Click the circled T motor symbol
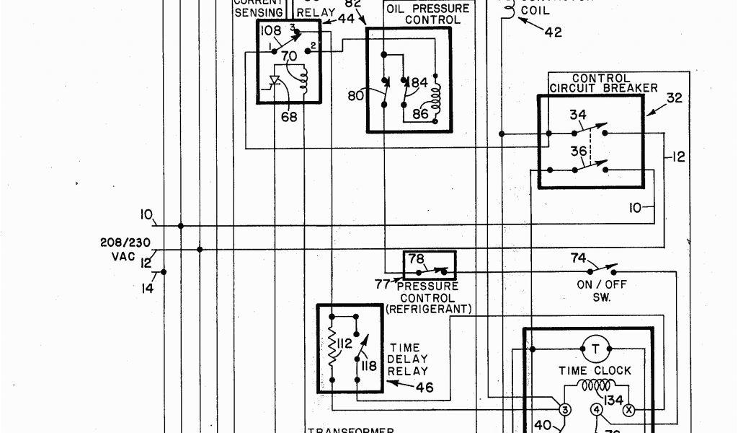point(595,349)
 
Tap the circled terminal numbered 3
point(565,410)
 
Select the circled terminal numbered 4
point(596,410)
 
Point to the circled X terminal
point(627,410)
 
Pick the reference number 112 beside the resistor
point(344,344)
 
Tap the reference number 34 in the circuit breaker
point(577,115)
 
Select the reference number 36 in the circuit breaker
point(577,152)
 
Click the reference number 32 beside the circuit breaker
point(673,98)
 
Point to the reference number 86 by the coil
point(420,113)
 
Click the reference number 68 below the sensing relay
point(289,116)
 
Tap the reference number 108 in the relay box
point(272,31)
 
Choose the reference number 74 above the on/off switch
point(579,258)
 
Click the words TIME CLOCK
point(595,370)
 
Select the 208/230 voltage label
point(125,243)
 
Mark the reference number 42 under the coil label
point(553,31)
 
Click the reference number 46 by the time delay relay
point(424,388)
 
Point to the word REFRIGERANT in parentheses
point(428,309)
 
